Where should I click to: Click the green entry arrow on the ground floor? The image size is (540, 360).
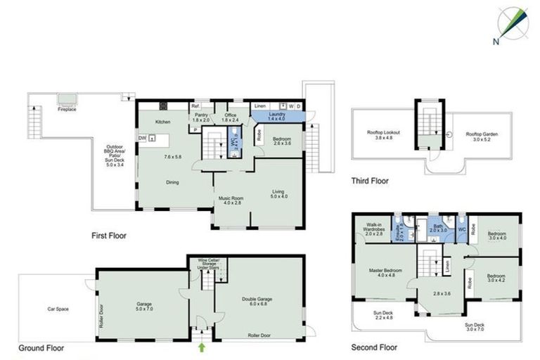coord(202,347)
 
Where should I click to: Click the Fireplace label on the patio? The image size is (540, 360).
coord(67,110)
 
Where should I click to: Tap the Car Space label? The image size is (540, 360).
coord(61,309)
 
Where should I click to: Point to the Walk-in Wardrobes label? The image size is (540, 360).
coord(373,227)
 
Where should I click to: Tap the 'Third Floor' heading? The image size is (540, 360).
coord(370,181)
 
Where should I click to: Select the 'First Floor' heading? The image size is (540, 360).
coord(109,236)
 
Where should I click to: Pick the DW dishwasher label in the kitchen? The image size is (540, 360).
coord(142,138)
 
